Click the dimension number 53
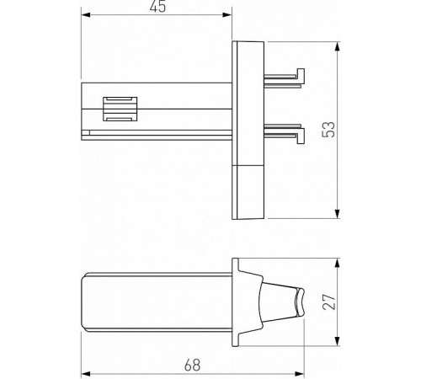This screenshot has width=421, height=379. [329, 128]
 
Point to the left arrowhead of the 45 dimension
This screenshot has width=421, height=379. [85, 16]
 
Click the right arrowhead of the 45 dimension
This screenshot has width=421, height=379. [229, 16]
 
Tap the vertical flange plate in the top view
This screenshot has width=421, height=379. [248, 101]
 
